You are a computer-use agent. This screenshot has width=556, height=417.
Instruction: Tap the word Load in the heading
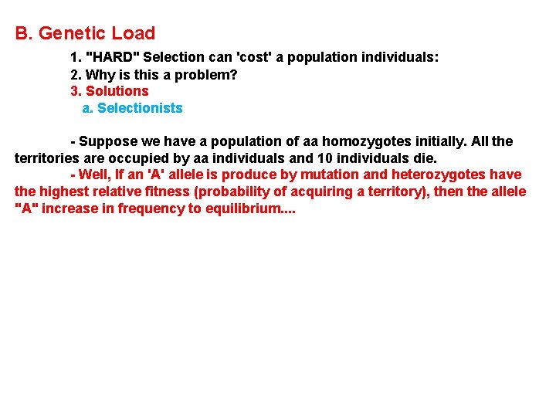[x=134, y=33]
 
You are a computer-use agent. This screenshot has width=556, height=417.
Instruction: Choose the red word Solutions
[x=117, y=91]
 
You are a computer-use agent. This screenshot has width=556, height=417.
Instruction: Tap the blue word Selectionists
[x=140, y=108]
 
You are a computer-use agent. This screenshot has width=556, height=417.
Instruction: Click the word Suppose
[x=107, y=141]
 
